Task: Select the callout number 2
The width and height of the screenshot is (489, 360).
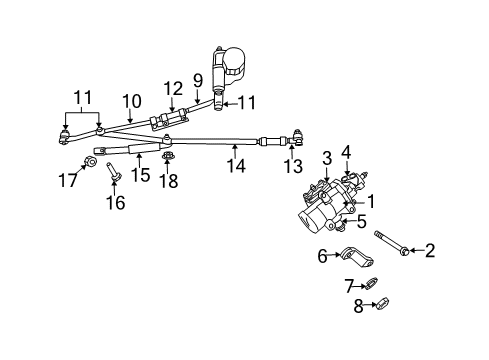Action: click(430, 251)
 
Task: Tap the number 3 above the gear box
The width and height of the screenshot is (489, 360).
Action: click(326, 158)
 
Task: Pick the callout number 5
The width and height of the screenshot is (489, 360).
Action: click(362, 223)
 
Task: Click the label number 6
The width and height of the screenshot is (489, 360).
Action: click(322, 257)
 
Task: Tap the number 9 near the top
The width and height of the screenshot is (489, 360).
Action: click(198, 79)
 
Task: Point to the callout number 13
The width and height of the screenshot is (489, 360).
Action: click(292, 166)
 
